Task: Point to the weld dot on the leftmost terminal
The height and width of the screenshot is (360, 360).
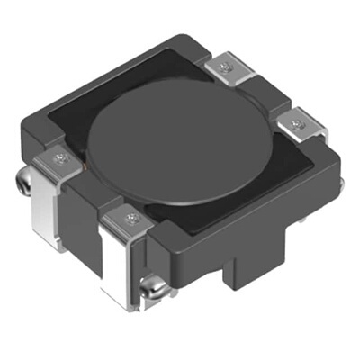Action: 60,159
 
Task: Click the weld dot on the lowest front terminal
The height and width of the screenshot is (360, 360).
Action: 132,219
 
